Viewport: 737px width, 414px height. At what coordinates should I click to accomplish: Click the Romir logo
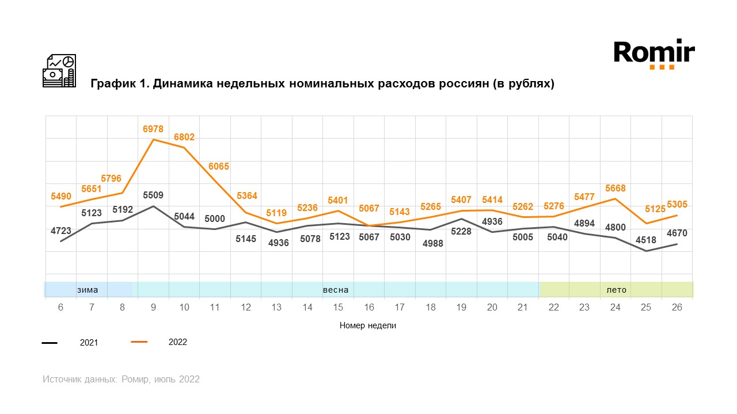tap(654, 54)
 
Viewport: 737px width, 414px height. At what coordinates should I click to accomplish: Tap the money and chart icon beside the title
tap(59, 71)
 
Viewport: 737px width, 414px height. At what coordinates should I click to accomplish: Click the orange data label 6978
tap(153, 129)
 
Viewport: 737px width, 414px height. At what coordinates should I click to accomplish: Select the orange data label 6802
tap(184, 137)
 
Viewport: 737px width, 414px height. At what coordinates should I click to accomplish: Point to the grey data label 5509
tap(153, 195)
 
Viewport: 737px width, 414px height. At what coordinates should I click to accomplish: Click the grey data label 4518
tap(646, 240)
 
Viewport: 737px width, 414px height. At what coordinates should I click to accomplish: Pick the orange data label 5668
tap(615, 189)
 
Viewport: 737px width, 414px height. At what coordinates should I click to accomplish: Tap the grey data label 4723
tap(60, 231)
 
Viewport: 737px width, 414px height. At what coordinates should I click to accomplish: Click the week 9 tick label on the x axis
tap(153, 308)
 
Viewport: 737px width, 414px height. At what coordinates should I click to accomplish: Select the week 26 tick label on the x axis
tap(677, 308)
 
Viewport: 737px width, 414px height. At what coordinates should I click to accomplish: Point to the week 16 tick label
tap(369, 308)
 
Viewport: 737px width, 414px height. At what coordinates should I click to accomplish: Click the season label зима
tap(88, 290)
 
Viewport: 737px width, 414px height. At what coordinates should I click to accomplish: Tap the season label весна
tap(336, 290)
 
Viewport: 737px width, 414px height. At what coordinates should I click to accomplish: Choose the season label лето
tap(617, 290)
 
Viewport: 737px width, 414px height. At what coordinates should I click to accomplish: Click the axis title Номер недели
tap(368, 325)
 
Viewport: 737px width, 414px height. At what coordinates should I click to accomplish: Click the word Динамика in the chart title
tap(183, 84)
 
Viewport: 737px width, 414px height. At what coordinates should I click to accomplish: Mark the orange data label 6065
tap(218, 167)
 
